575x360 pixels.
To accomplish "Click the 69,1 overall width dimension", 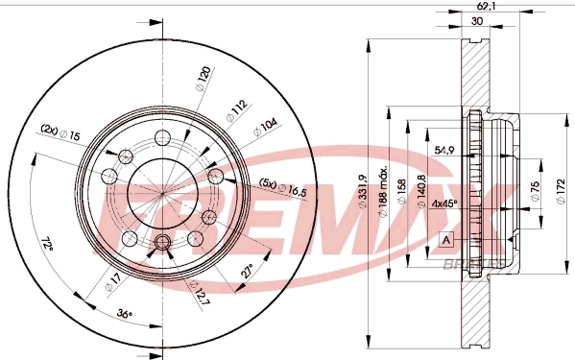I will [x=485, y=7].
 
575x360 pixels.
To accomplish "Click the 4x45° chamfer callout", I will [x=444, y=203].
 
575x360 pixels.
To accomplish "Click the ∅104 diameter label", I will [x=265, y=126].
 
